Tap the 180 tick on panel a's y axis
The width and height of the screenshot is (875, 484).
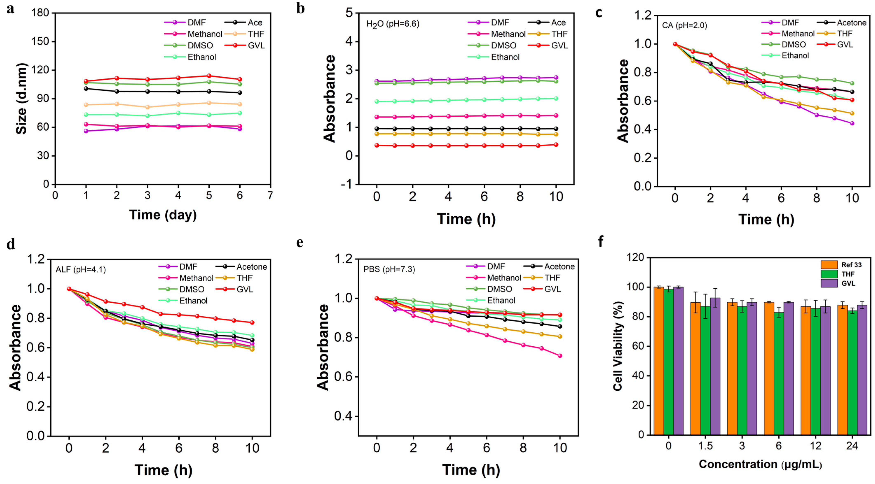(x=40, y=13)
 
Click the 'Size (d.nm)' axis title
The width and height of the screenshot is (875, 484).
(x=21, y=98)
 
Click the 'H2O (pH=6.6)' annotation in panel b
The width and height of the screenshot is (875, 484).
(x=392, y=24)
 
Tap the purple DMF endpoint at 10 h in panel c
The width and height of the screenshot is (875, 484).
(x=852, y=123)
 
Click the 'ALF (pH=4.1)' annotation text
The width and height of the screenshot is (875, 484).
(x=81, y=270)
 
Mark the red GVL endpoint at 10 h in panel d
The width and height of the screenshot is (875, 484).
(x=252, y=323)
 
